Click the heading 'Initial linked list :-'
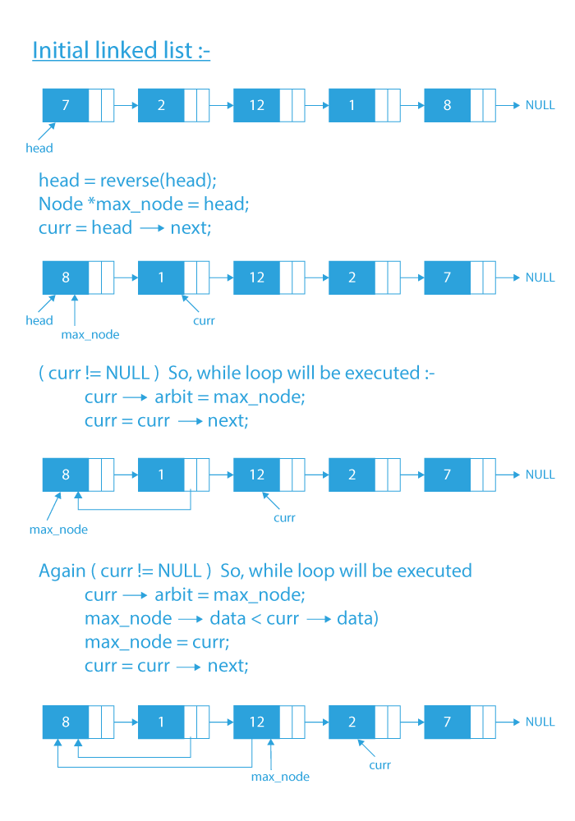coord(122,50)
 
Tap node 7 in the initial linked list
coord(66,105)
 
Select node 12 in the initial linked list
coord(256,105)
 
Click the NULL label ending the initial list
coord(540,105)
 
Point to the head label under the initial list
coord(39,149)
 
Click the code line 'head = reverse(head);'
coord(127,180)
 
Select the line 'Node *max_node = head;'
coord(143,204)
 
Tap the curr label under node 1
coord(204,320)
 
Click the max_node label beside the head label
coord(90,335)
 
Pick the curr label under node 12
coord(284,517)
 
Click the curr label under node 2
coord(379,764)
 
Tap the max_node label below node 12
coord(280,776)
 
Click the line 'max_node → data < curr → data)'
coord(231,617)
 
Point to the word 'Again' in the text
coord(62,571)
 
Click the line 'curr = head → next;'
coord(124,227)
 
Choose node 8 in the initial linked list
coord(448,105)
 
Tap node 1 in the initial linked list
coord(352,105)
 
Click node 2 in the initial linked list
coord(161,105)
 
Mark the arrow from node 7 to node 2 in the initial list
coord(125,105)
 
